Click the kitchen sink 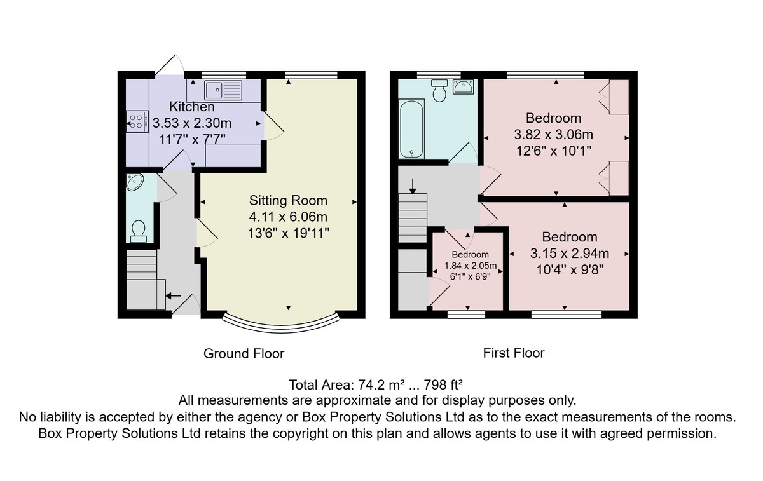223,90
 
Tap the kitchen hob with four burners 137,122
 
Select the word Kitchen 192,107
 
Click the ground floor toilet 139,231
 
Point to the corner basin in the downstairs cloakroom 134,182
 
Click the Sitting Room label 288,201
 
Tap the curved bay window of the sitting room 281,324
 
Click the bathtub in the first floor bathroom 411,129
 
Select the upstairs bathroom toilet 439,91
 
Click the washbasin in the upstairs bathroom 463,87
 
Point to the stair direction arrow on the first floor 413,186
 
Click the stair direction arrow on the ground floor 174,296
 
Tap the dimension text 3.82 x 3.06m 554,135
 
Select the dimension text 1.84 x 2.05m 470,266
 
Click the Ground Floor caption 244,354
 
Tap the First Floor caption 514,353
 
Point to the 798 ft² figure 443,384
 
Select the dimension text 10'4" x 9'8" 570,270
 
